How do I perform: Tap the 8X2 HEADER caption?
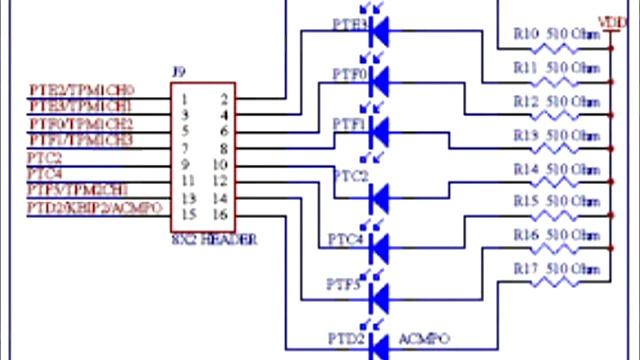pyautogui.click(x=214, y=240)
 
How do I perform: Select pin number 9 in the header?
pyautogui.click(x=186, y=164)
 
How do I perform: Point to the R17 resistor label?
pyautogui.click(x=526, y=269)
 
